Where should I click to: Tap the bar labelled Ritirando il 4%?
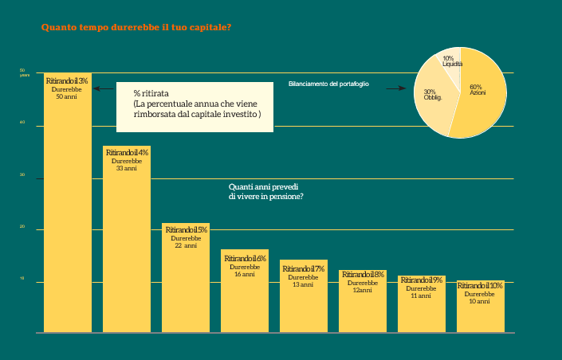coord(127,239)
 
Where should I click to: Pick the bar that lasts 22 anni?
coord(186,279)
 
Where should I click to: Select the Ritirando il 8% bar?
coord(363,302)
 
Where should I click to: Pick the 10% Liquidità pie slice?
coord(449,59)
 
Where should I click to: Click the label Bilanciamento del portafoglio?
coord(328,84)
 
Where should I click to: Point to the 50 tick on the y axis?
coord(23,71)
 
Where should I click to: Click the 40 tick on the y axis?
coord(23,123)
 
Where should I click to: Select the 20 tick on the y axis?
coord(23,228)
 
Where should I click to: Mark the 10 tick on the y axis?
coord(23,280)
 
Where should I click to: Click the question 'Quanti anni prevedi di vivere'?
coord(266,191)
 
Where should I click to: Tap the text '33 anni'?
coord(126,169)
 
